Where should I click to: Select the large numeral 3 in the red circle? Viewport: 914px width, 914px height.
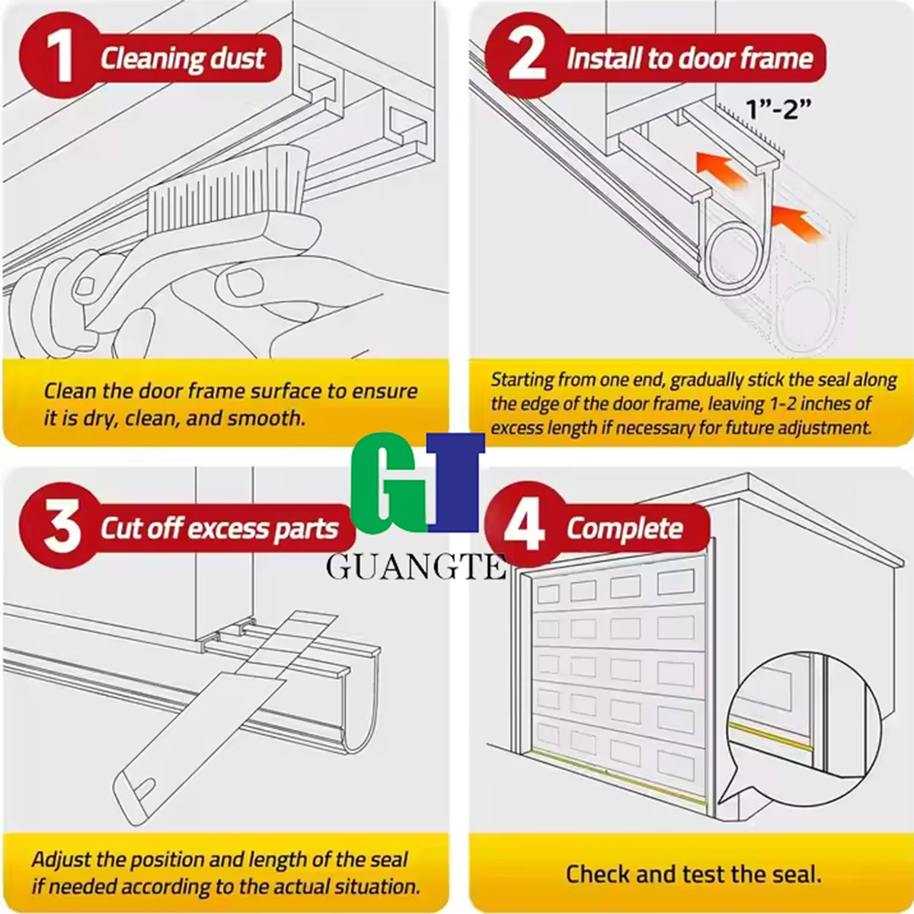[62, 526]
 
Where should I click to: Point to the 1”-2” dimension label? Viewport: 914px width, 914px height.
[778, 109]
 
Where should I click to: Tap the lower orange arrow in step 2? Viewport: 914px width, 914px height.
[797, 223]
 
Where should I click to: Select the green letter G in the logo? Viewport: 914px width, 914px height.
[389, 483]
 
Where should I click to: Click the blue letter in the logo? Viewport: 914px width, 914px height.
[455, 482]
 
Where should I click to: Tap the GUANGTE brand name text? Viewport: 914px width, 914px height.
[416, 567]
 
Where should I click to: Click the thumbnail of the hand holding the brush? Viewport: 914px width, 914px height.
[242, 283]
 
